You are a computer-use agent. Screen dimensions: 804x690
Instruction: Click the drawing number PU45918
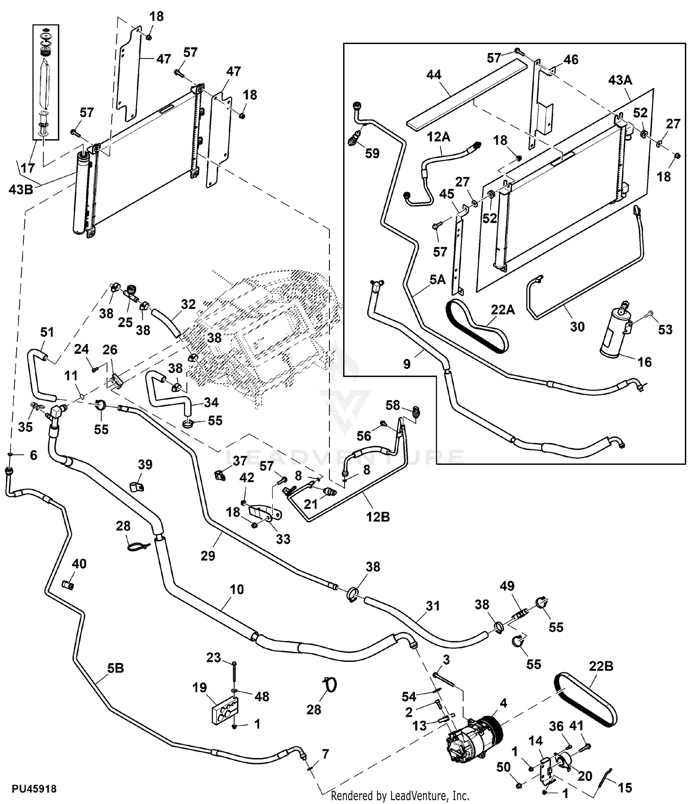click(x=34, y=788)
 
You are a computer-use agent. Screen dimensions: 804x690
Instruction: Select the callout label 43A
click(x=620, y=80)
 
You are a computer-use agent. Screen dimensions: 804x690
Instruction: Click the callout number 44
click(x=434, y=74)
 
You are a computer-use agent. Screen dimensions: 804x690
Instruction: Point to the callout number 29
click(x=208, y=556)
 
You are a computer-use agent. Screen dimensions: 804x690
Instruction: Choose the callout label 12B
click(x=378, y=517)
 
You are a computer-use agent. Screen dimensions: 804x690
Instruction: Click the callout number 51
click(x=47, y=332)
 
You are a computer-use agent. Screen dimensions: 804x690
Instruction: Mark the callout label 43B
click(x=21, y=189)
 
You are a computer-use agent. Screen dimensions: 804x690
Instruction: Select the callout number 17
click(x=28, y=168)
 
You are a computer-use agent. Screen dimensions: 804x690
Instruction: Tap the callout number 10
click(x=236, y=589)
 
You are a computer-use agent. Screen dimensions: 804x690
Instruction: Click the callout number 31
click(x=433, y=606)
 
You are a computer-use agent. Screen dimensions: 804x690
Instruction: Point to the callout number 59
click(x=372, y=153)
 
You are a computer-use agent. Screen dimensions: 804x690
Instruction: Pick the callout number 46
click(x=571, y=59)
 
